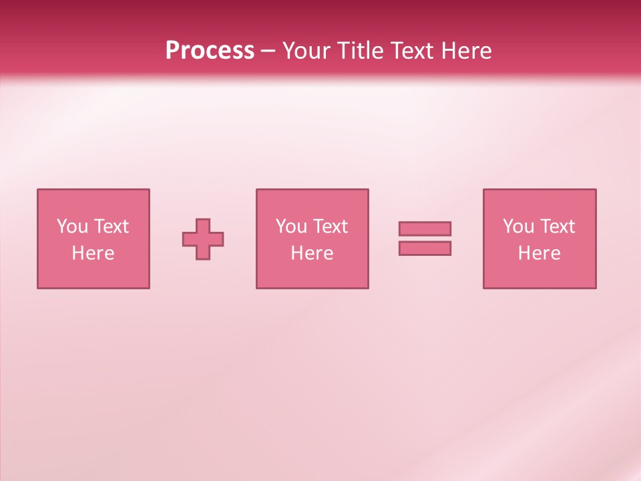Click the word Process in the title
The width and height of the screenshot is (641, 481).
pos(210,51)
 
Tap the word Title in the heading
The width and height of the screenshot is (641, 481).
pos(361,51)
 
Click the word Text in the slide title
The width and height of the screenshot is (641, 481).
pos(411,51)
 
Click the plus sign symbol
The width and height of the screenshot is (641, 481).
pos(203,239)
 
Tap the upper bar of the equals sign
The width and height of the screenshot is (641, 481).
pos(425,228)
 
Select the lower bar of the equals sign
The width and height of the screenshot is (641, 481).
pos(425,248)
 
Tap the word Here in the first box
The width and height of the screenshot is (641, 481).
pos(93,253)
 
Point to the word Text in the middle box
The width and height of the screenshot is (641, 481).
pos(330,226)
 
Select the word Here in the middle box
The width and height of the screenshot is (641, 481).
pos(312,253)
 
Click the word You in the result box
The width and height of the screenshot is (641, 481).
pos(518,226)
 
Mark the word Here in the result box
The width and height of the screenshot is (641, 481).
pos(540,253)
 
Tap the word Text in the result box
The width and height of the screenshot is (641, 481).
pos(557,226)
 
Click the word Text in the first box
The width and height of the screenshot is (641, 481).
pos(111,226)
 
